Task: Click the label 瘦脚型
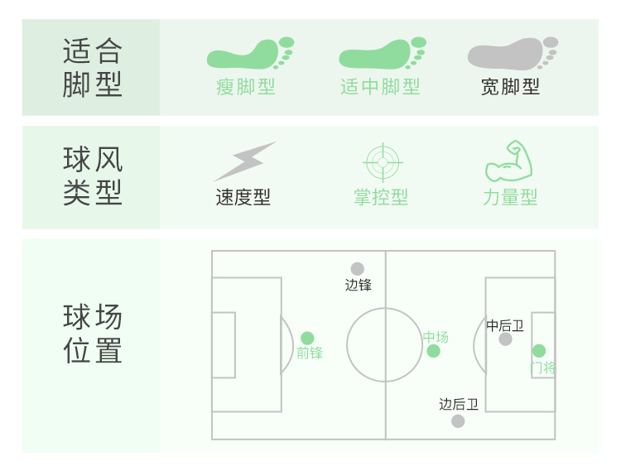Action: click(246, 87)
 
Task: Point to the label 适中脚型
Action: click(380, 87)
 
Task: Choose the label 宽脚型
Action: click(510, 87)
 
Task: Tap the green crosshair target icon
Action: click(382, 162)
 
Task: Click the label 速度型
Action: click(243, 198)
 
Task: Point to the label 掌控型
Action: click(381, 198)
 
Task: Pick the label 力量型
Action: click(510, 198)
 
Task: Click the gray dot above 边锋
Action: click(357, 269)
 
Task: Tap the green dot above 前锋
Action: click(307, 338)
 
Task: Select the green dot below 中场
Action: click(434, 351)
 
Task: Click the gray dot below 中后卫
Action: click(505, 339)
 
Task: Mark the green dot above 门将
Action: click(539, 351)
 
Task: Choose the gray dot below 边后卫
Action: click(458, 421)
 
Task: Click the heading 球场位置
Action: click(92, 334)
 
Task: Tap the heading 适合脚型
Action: click(92, 68)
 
